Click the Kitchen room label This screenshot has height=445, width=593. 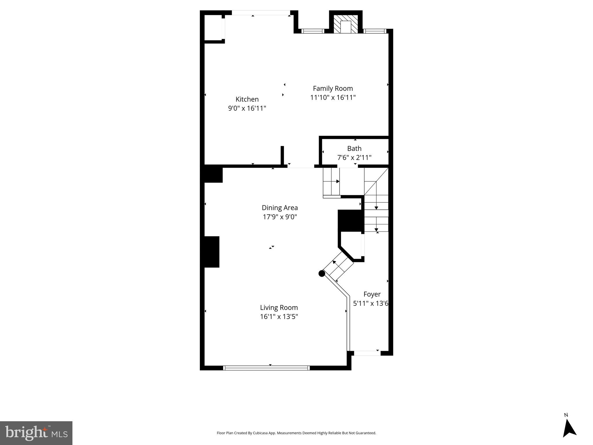pos(247,99)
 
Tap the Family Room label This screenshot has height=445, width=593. pos(333,88)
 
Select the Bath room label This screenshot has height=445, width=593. pos(354,148)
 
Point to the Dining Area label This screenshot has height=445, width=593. pos(280,207)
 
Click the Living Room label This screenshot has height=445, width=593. pos(279,307)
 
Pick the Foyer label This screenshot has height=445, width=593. pos(372,294)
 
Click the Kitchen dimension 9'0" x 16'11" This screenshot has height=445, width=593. pos(247,108)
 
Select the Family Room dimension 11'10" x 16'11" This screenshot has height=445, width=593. pos(333,97)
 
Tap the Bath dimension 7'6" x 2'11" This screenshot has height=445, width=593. pos(354,158)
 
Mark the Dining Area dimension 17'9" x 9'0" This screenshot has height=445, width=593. pos(280,217)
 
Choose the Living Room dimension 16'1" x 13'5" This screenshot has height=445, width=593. pos(279,316)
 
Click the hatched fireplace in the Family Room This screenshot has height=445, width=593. pos(346,24)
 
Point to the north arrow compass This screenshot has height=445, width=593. pos(569,431)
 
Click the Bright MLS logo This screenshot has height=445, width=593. pos(36,433)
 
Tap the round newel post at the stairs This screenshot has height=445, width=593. pos(322,273)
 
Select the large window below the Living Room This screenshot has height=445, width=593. pos(266,368)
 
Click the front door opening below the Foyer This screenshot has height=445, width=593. pos(367,353)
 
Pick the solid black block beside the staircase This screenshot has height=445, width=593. pos(351,221)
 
